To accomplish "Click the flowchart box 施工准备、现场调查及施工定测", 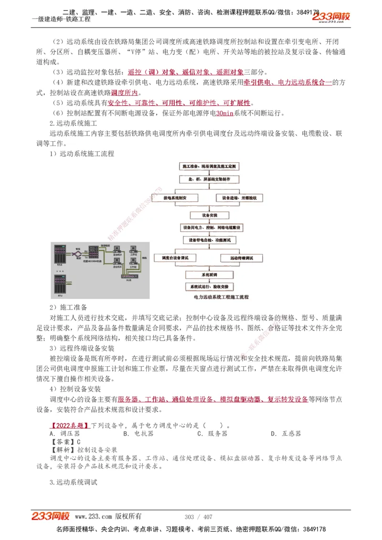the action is [210, 166].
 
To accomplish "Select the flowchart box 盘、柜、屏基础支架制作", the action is [210, 179].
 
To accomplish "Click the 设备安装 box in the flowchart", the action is [210, 216].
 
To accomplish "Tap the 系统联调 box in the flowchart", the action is [210, 275].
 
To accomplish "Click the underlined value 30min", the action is [224, 114].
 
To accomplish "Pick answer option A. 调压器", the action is [64, 434].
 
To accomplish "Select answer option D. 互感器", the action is [286, 434].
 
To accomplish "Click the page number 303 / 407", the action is [198, 517].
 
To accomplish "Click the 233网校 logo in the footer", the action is [50, 516].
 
